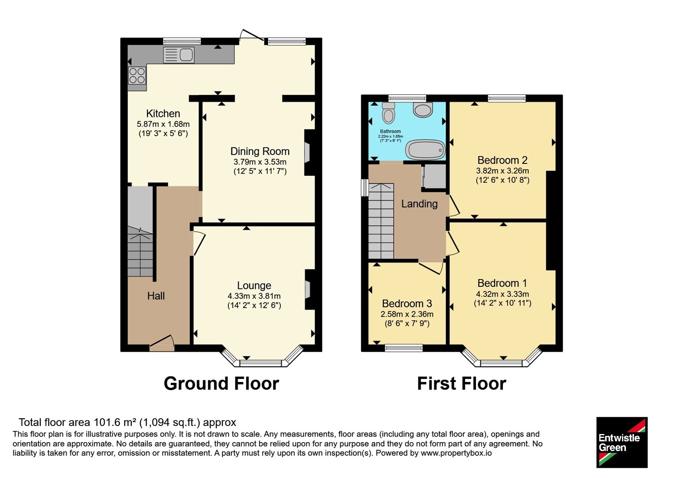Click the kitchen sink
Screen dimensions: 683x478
pyautogui.click(x=179, y=55)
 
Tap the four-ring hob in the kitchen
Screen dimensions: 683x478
pyautogui.click(x=137, y=75)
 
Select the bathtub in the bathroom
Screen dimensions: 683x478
pyautogui.click(x=425, y=150)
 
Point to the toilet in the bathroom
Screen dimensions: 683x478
pyautogui.click(x=388, y=113)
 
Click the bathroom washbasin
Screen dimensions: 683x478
pyautogui.click(x=423, y=110)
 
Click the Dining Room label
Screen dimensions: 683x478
pyautogui.click(x=260, y=151)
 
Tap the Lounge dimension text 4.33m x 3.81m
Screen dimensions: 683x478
pyautogui.click(x=254, y=296)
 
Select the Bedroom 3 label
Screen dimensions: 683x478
pyautogui.click(x=407, y=303)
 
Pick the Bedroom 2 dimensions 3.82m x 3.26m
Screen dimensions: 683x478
pyautogui.click(x=502, y=171)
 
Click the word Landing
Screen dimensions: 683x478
pyautogui.click(x=419, y=204)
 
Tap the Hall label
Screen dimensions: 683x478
pyautogui.click(x=156, y=296)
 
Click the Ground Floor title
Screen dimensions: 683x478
pyautogui.click(x=222, y=383)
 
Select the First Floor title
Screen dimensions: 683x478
pyautogui.click(x=461, y=383)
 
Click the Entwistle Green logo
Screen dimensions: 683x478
pyautogui.click(x=622, y=442)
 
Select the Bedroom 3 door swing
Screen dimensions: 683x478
pyautogui.click(x=431, y=268)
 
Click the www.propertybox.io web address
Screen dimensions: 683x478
pyautogui.click(x=456, y=453)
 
